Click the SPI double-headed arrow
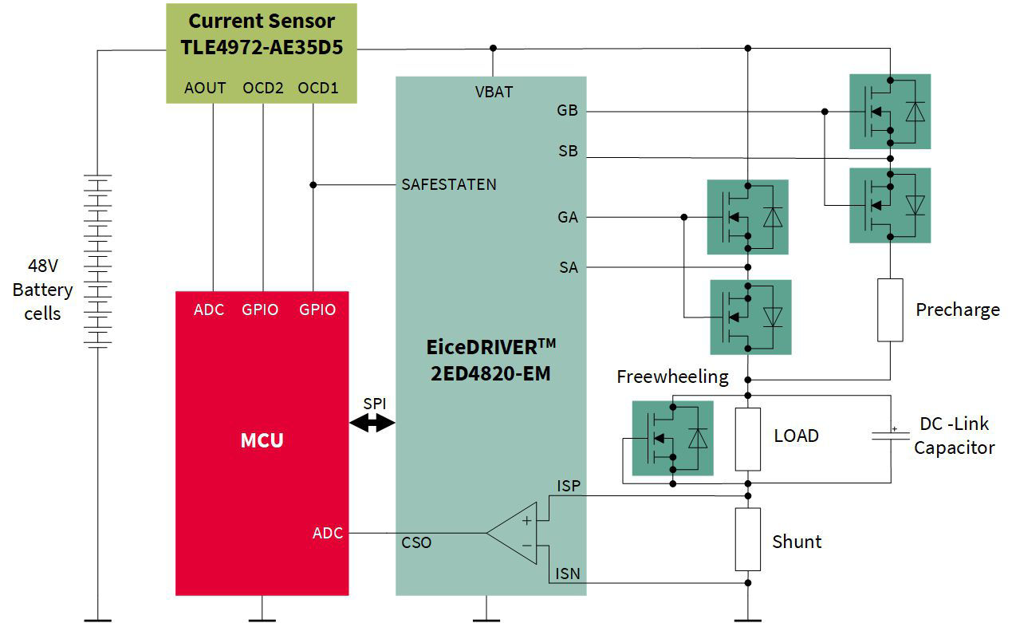(x=372, y=424)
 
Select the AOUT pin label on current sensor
(x=205, y=88)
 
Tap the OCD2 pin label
(x=263, y=88)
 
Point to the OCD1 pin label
(x=317, y=88)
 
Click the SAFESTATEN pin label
(x=449, y=184)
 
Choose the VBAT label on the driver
(x=494, y=92)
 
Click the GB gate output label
(x=567, y=111)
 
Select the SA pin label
(x=568, y=268)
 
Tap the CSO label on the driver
(x=416, y=542)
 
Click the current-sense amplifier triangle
(x=514, y=533)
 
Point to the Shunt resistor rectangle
(x=747, y=539)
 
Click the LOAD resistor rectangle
(x=747, y=439)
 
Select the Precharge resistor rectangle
(x=889, y=310)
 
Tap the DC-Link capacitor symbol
(x=891, y=436)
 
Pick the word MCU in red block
(x=262, y=440)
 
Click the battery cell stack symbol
(x=97, y=261)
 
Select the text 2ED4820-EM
(x=490, y=373)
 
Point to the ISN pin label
(x=568, y=574)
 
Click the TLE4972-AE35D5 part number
(x=262, y=47)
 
